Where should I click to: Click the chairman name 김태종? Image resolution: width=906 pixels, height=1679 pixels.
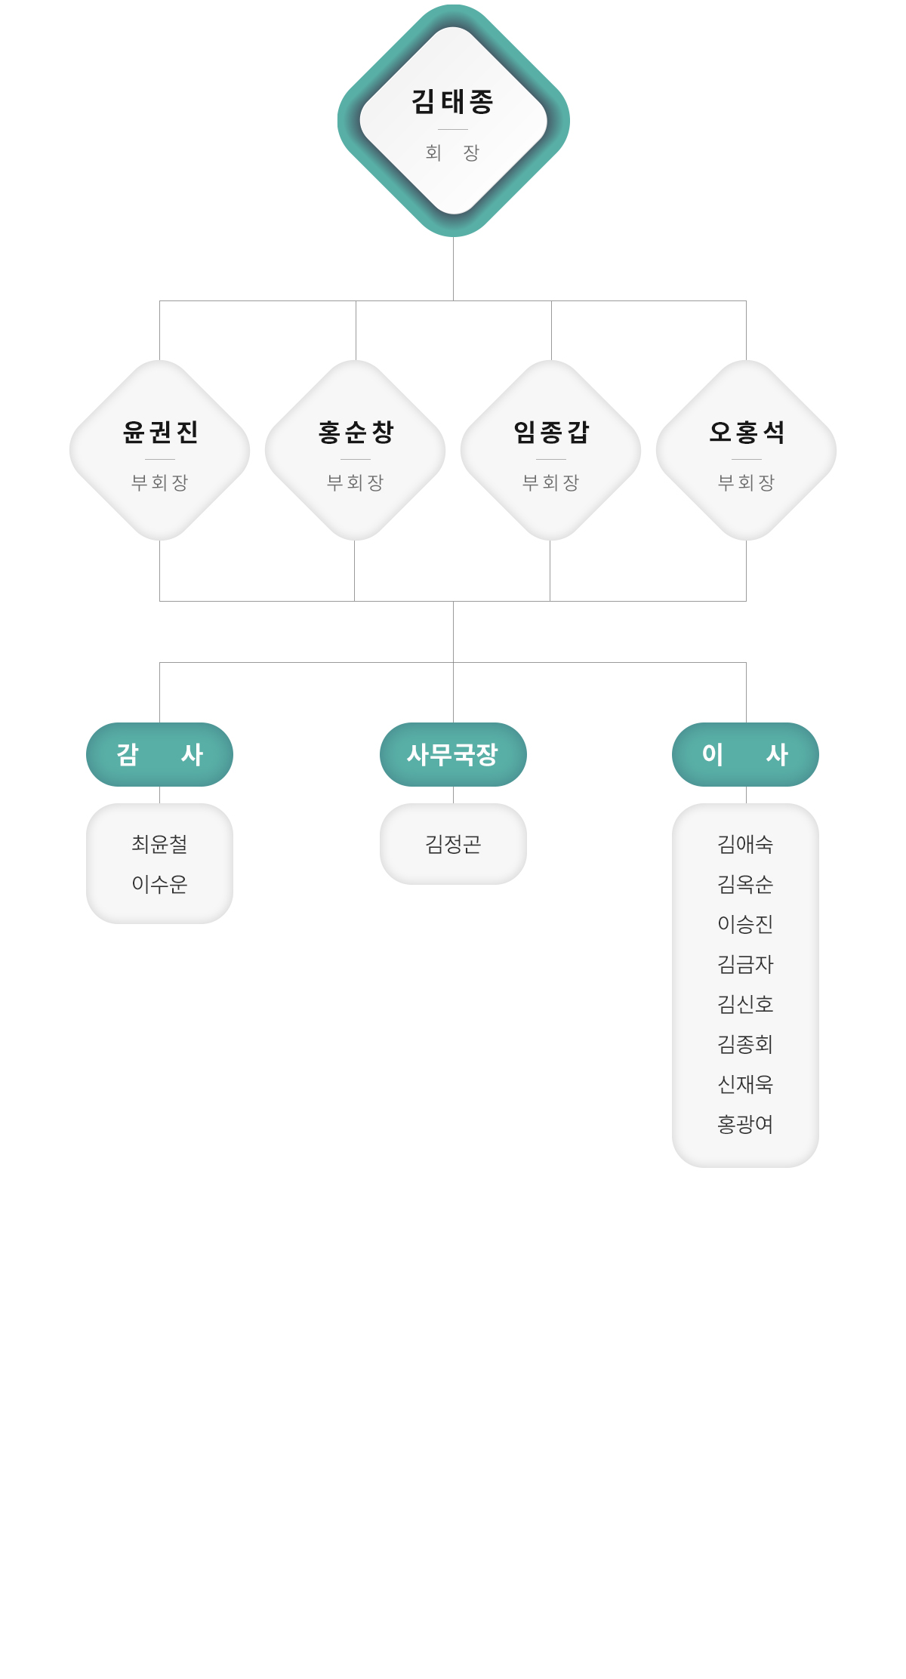click(x=453, y=101)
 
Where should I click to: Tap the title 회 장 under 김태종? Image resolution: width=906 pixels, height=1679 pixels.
click(x=453, y=153)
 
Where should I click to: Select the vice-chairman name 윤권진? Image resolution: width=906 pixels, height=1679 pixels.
click(x=160, y=432)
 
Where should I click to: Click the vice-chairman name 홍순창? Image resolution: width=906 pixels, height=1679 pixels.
click(x=356, y=432)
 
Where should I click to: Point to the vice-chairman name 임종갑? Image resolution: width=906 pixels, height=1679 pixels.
click(x=551, y=432)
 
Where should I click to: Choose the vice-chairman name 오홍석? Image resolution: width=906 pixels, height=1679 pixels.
click(x=747, y=432)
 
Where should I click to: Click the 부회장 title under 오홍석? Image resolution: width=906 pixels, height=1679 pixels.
click(x=747, y=482)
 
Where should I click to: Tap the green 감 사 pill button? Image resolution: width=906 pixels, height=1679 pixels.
click(x=159, y=754)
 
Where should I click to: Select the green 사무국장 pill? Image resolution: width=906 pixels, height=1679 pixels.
click(x=453, y=754)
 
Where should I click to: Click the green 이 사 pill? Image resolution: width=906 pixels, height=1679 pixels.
click(x=745, y=754)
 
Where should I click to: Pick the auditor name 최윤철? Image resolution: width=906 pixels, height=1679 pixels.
click(x=159, y=844)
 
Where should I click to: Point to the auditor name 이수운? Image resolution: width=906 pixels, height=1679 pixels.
click(x=159, y=884)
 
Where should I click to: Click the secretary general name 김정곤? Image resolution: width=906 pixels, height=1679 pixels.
click(x=453, y=844)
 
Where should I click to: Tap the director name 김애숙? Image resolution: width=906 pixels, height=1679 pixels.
click(x=745, y=844)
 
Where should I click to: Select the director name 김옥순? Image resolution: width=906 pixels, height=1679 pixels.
click(x=745, y=884)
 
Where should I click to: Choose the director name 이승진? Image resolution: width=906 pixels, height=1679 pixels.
click(x=745, y=924)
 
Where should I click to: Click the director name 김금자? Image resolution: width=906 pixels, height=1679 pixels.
click(x=745, y=964)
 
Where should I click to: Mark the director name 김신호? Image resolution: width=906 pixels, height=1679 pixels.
click(x=745, y=1004)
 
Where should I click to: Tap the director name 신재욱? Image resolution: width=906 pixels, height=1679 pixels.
click(x=745, y=1084)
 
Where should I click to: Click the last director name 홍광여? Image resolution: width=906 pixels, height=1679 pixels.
click(x=745, y=1124)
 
